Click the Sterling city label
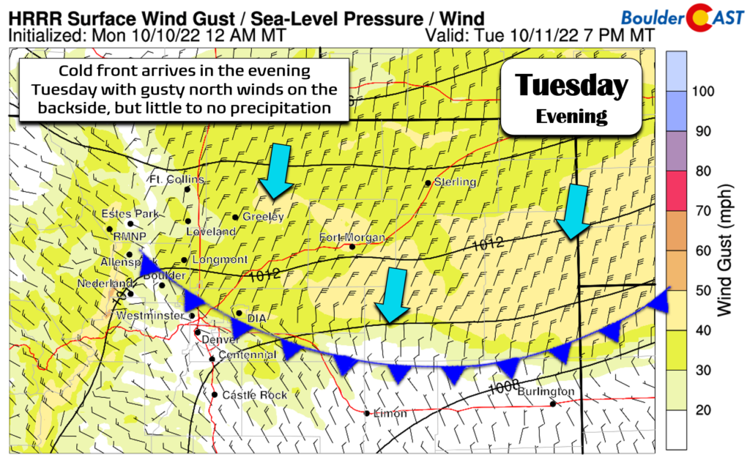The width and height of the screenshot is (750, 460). tap(455, 182)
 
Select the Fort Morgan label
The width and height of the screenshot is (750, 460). tap(353, 237)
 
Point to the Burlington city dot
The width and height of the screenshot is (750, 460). tap(553, 403)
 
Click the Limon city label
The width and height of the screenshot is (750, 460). tap(389, 414)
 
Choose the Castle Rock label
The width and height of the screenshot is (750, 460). tap(245, 395)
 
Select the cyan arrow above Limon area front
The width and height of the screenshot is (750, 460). tap(393, 295)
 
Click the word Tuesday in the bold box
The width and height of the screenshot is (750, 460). tap(571, 86)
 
